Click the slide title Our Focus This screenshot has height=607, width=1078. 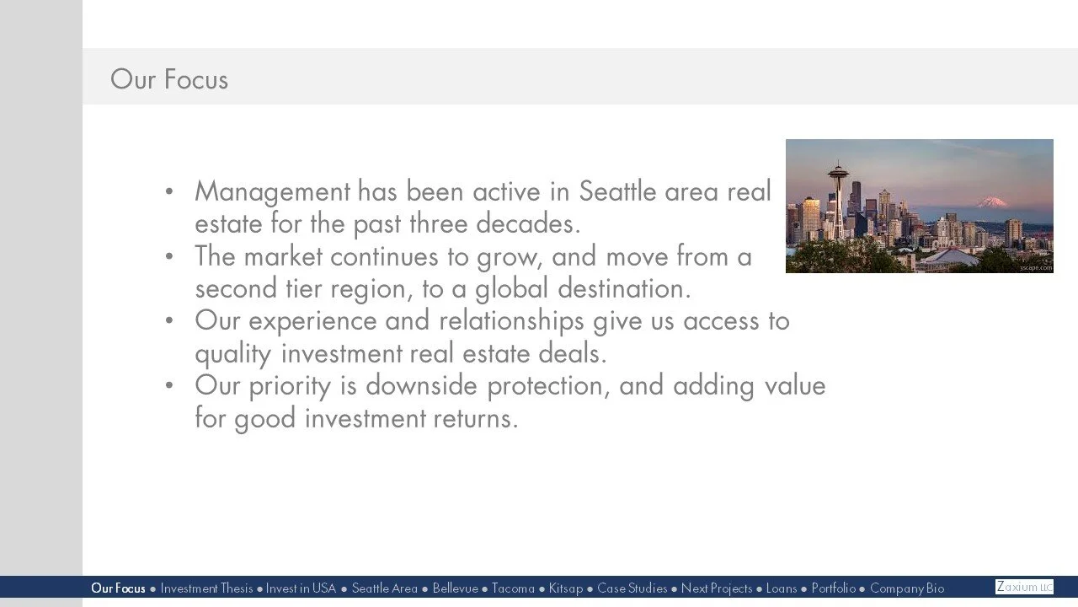tap(169, 79)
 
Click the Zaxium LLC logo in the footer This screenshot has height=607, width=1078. tap(1024, 587)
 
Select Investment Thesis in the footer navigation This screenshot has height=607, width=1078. tap(206, 588)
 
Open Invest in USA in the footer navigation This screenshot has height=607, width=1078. tap(301, 588)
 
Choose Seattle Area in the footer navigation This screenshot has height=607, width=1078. tap(384, 588)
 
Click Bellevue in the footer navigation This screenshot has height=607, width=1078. tap(455, 588)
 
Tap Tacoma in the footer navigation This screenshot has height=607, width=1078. tap(513, 588)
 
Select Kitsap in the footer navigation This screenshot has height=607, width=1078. tap(565, 588)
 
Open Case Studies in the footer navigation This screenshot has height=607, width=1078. tap(632, 588)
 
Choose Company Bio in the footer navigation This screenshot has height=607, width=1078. tap(907, 588)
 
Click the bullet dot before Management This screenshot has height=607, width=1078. tap(169, 192)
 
